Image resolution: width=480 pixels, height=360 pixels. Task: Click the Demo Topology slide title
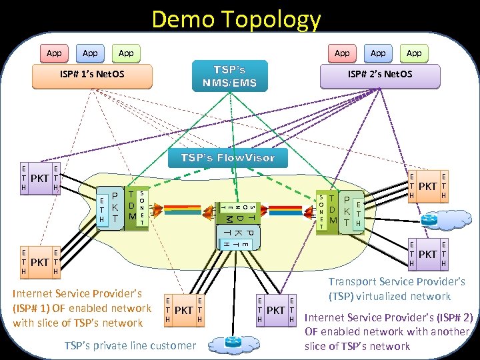pyautogui.click(x=236, y=19)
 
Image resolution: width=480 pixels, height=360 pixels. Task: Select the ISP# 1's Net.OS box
pyautogui.click(x=89, y=73)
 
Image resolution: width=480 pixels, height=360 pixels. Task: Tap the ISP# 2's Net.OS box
pyautogui.click(x=379, y=73)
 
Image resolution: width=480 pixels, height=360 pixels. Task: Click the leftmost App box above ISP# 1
pyautogui.click(x=54, y=53)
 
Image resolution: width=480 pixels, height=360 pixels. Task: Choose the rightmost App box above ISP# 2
pyautogui.click(x=414, y=53)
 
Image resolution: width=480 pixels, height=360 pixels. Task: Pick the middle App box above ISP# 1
pyautogui.click(x=90, y=53)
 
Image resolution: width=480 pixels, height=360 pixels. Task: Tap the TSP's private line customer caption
pyautogui.click(x=130, y=345)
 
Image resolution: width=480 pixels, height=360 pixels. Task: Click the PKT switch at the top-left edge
pyautogui.click(x=41, y=179)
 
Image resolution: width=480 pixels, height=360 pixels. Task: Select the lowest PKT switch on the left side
pyautogui.click(x=41, y=262)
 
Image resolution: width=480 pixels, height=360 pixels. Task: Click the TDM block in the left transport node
pyautogui.click(x=133, y=207)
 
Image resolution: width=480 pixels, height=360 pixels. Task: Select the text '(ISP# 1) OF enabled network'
pyautogui.click(x=83, y=308)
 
